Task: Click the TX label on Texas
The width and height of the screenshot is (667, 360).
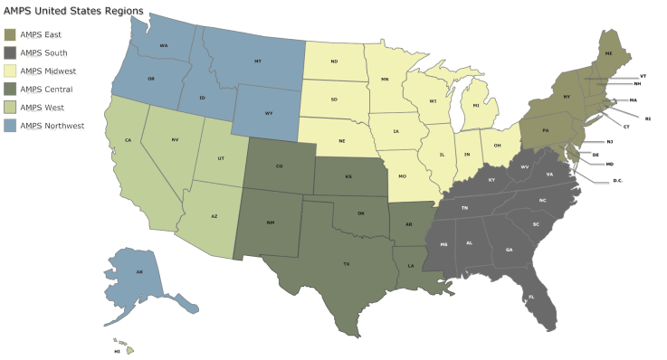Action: (x=347, y=264)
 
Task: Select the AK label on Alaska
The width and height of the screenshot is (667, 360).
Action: (x=139, y=271)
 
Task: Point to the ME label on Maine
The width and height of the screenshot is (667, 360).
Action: (x=608, y=54)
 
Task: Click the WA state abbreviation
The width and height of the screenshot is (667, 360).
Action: (x=164, y=45)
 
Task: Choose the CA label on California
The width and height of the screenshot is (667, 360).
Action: (x=129, y=139)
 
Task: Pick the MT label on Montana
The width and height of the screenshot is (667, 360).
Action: (x=258, y=62)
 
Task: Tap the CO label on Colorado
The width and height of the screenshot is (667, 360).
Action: (x=278, y=166)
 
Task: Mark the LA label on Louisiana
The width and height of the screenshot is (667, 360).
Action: (x=411, y=266)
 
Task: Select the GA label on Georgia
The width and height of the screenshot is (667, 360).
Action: (x=509, y=250)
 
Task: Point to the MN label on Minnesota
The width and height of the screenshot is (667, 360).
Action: (x=384, y=80)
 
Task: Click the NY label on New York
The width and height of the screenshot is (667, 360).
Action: (x=567, y=96)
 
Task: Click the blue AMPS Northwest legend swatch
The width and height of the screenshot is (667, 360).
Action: (x=10, y=128)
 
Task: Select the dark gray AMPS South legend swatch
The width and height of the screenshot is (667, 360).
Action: (x=10, y=52)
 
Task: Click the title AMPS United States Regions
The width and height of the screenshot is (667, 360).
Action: (x=62, y=10)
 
